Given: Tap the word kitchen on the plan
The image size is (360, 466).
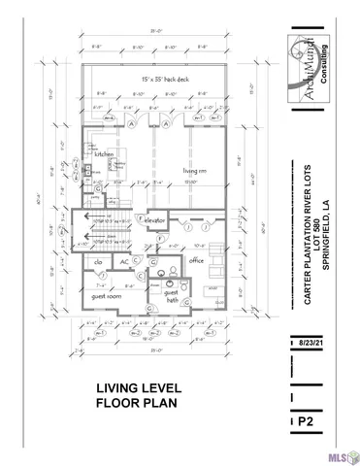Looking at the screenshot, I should [x=104, y=154].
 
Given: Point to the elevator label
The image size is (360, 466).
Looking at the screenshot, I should [x=158, y=221].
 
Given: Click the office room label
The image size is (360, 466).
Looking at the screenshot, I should [x=196, y=259].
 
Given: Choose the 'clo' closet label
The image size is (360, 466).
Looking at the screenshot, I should [x=99, y=261].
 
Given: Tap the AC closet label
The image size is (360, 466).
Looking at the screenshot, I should [x=125, y=261].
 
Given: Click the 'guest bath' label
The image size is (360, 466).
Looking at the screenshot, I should [x=172, y=296].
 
